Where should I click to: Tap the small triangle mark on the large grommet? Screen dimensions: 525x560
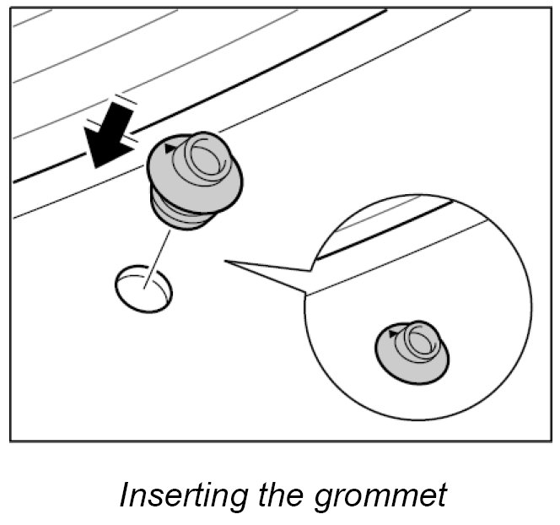pos(172,149)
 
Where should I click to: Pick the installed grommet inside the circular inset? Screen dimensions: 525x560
pos(412,350)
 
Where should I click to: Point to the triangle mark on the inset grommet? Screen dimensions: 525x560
pos(394,335)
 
